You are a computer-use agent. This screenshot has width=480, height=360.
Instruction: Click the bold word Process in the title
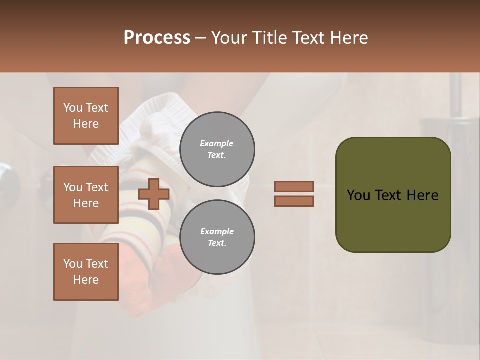click(157, 38)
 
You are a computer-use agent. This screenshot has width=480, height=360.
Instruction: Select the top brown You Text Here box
click(86, 116)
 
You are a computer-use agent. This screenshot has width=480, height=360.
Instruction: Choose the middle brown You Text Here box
click(86, 195)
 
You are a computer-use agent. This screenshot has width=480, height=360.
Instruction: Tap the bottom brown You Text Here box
click(86, 272)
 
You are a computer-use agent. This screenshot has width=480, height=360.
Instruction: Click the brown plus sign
click(154, 194)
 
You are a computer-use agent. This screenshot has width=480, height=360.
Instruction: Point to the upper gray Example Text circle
click(217, 149)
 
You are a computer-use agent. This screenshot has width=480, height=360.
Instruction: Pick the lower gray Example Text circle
click(217, 237)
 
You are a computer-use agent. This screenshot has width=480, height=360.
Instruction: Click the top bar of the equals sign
click(294, 186)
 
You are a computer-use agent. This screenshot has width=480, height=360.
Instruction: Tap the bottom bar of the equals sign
click(294, 201)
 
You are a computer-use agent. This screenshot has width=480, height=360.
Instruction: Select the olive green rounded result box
click(393, 195)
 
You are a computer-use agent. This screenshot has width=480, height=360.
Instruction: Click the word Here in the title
click(349, 38)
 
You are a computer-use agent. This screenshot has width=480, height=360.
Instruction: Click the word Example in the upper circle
click(217, 143)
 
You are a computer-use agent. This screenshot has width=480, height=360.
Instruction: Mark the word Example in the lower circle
click(217, 231)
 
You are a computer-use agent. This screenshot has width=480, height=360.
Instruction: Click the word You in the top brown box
click(72, 108)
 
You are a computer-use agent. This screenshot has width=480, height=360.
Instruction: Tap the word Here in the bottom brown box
click(86, 280)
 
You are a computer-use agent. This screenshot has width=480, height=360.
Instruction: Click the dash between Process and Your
click(201, 38)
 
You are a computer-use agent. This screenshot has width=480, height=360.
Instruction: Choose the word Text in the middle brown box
click(97, 187)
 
